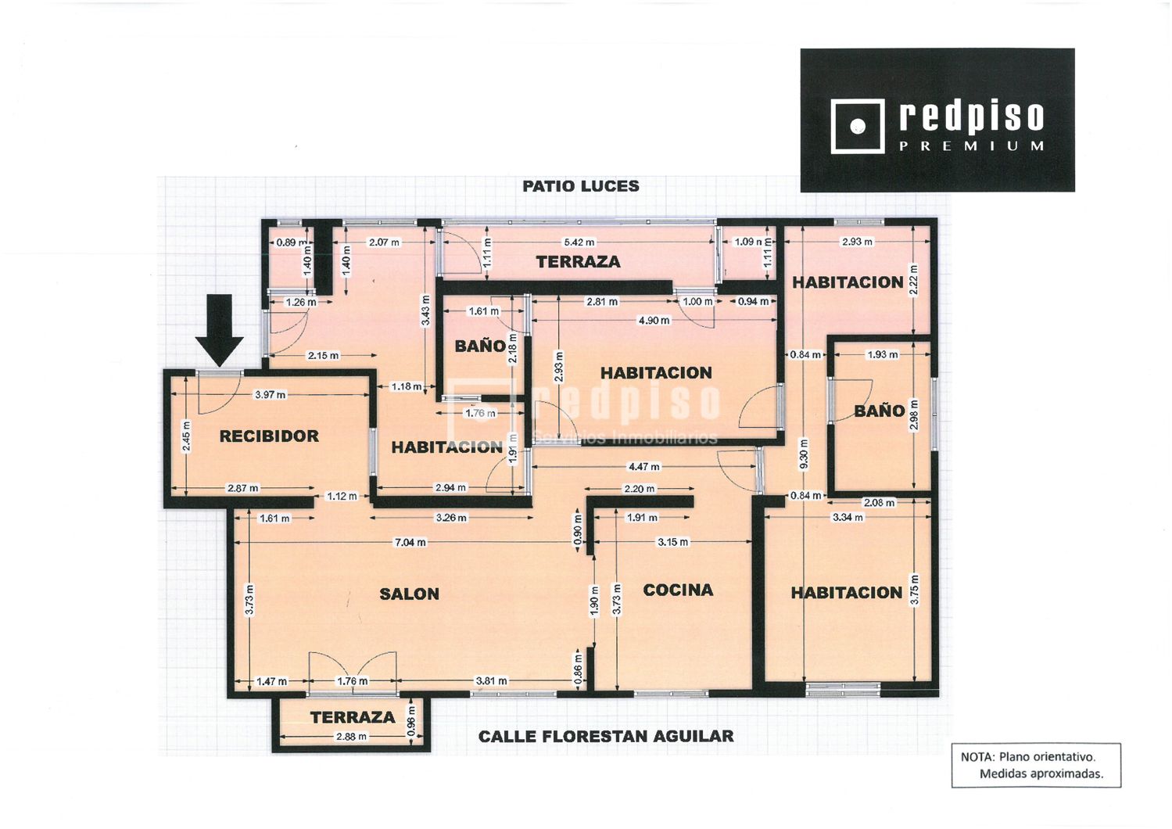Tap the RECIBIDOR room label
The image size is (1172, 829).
point(269,436)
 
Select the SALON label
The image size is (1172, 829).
point(409,594)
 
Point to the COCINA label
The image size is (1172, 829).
point(678,590)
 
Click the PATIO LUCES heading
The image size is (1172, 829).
point(581,186)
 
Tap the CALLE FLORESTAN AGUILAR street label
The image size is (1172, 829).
point(606,737)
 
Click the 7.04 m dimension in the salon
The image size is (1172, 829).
point(410,542)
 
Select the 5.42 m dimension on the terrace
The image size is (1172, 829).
point(579,242)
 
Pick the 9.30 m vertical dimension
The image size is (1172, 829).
point(805,454)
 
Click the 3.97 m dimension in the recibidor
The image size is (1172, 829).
point(270,395)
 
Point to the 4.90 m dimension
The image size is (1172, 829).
point(654,321)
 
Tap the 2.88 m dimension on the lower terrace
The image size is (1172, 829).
point(352,737)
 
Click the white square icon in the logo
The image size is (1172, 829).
point(858,127)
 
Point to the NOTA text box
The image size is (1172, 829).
point(1036,765)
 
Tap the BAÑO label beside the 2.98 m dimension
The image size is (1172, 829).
point(880,411)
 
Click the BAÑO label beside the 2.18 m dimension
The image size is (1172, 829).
point(480,346)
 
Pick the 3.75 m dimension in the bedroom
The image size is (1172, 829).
point(915,590)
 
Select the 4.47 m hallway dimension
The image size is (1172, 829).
point(644,466)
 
